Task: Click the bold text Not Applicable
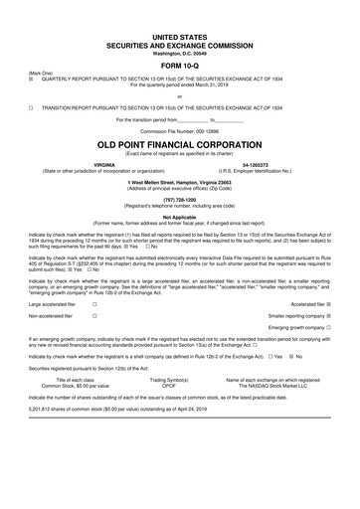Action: pyautogui.click(x=180, y=216)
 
